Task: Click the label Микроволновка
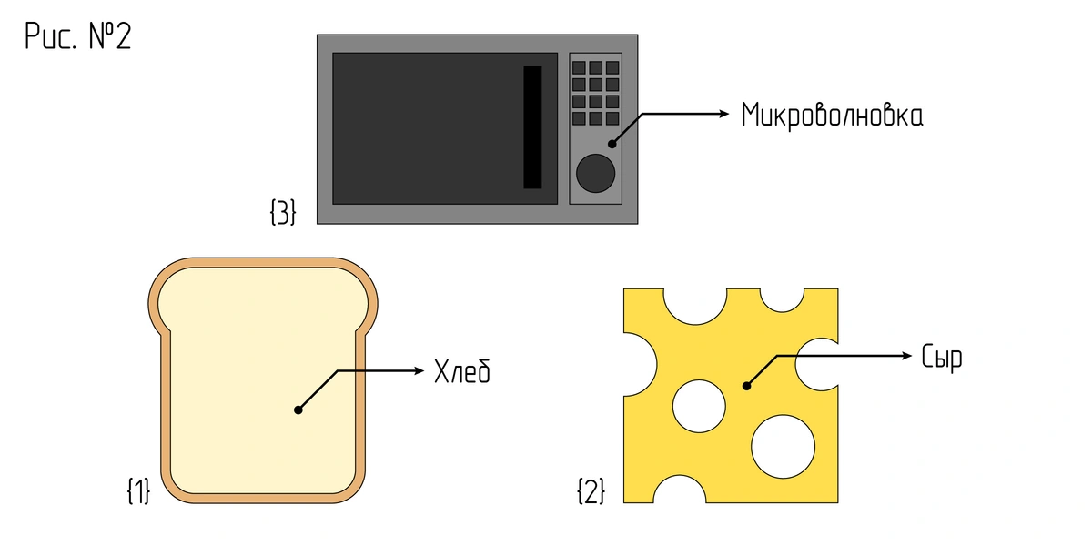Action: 832,115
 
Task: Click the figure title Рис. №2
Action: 77,37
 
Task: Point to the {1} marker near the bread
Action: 137,491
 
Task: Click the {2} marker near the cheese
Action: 590,491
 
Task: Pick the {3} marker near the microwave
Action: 283,213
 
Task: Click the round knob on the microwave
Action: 595,173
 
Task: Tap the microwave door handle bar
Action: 532,127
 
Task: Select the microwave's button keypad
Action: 595,93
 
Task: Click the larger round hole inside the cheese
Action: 783,443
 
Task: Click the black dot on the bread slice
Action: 298,410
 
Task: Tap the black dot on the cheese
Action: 746,386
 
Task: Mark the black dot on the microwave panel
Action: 612,143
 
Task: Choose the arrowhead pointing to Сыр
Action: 905,355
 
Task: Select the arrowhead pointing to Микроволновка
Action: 724,114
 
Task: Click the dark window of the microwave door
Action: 428,127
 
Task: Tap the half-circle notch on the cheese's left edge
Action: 640,365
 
